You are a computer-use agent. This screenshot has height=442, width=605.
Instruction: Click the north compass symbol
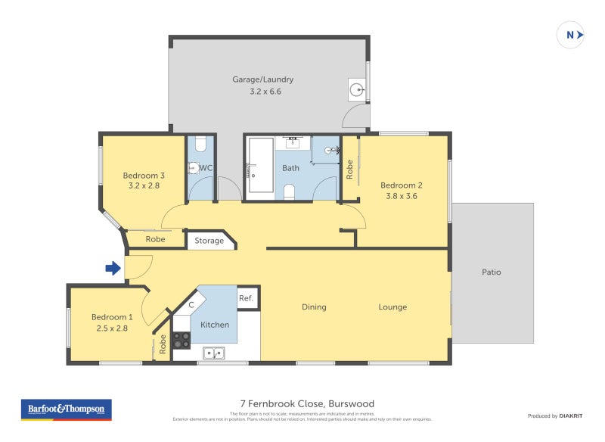[x=571, y=35]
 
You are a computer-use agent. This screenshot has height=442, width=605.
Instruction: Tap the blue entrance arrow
[x=113, y=268]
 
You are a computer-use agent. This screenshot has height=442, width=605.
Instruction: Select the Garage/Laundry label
[x=262, y=79]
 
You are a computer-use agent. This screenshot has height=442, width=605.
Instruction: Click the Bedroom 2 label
[x=401, y=185]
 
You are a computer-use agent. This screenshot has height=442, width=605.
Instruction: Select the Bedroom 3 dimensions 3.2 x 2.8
[x=144, y=185]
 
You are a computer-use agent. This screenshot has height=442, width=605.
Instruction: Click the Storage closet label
[x=209, y=241]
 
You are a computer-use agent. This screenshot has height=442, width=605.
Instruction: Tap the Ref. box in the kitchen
[x=246, y=298]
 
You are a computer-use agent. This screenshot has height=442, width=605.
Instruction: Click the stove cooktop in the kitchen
[x=181, y=341]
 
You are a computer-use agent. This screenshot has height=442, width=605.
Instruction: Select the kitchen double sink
[x=213, y=352]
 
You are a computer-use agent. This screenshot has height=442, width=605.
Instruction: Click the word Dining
[x=314, y=307]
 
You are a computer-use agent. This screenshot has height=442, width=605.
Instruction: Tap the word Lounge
[x=392, y=307]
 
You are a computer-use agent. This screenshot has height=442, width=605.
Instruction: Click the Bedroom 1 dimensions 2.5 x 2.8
[x=112, y=328]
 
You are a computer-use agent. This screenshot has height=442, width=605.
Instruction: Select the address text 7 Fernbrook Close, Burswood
[x=302, y=403]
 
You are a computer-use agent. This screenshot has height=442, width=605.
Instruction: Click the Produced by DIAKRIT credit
[x=554, y=416]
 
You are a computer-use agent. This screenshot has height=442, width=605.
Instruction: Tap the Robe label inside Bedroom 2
[x=349, y=169]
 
